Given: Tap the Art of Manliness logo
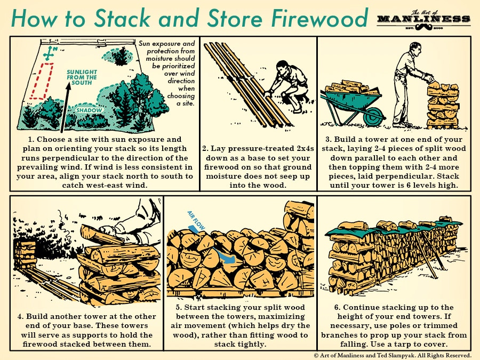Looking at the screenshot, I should [x=423, y=20].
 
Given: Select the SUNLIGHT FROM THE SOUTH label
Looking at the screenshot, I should [x=82, y=77].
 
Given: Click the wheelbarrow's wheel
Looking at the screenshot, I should [x=374, y=115].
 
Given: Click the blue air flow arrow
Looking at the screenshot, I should [x=224, y=256].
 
